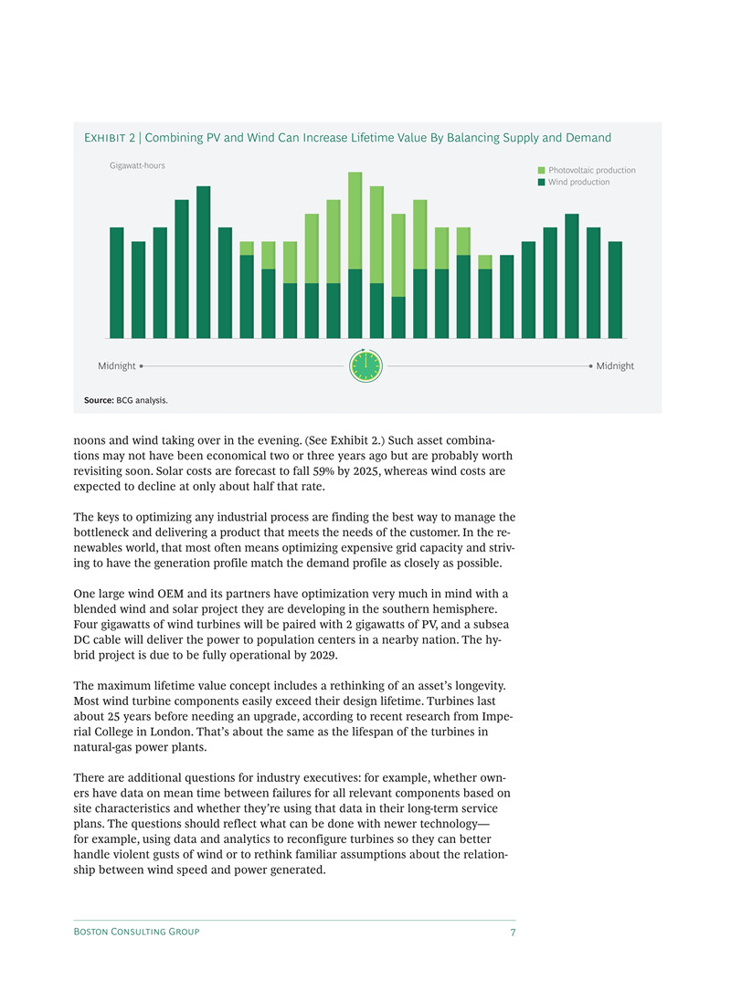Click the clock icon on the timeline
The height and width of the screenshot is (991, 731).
365,365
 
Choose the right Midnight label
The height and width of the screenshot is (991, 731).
615,365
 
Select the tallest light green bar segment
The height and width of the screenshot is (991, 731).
355,220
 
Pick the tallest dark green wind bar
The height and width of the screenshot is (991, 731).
204,262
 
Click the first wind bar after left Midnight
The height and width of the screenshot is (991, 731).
117,282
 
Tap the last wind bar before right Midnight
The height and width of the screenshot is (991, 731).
615,290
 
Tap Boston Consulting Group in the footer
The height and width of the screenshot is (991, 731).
136,932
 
